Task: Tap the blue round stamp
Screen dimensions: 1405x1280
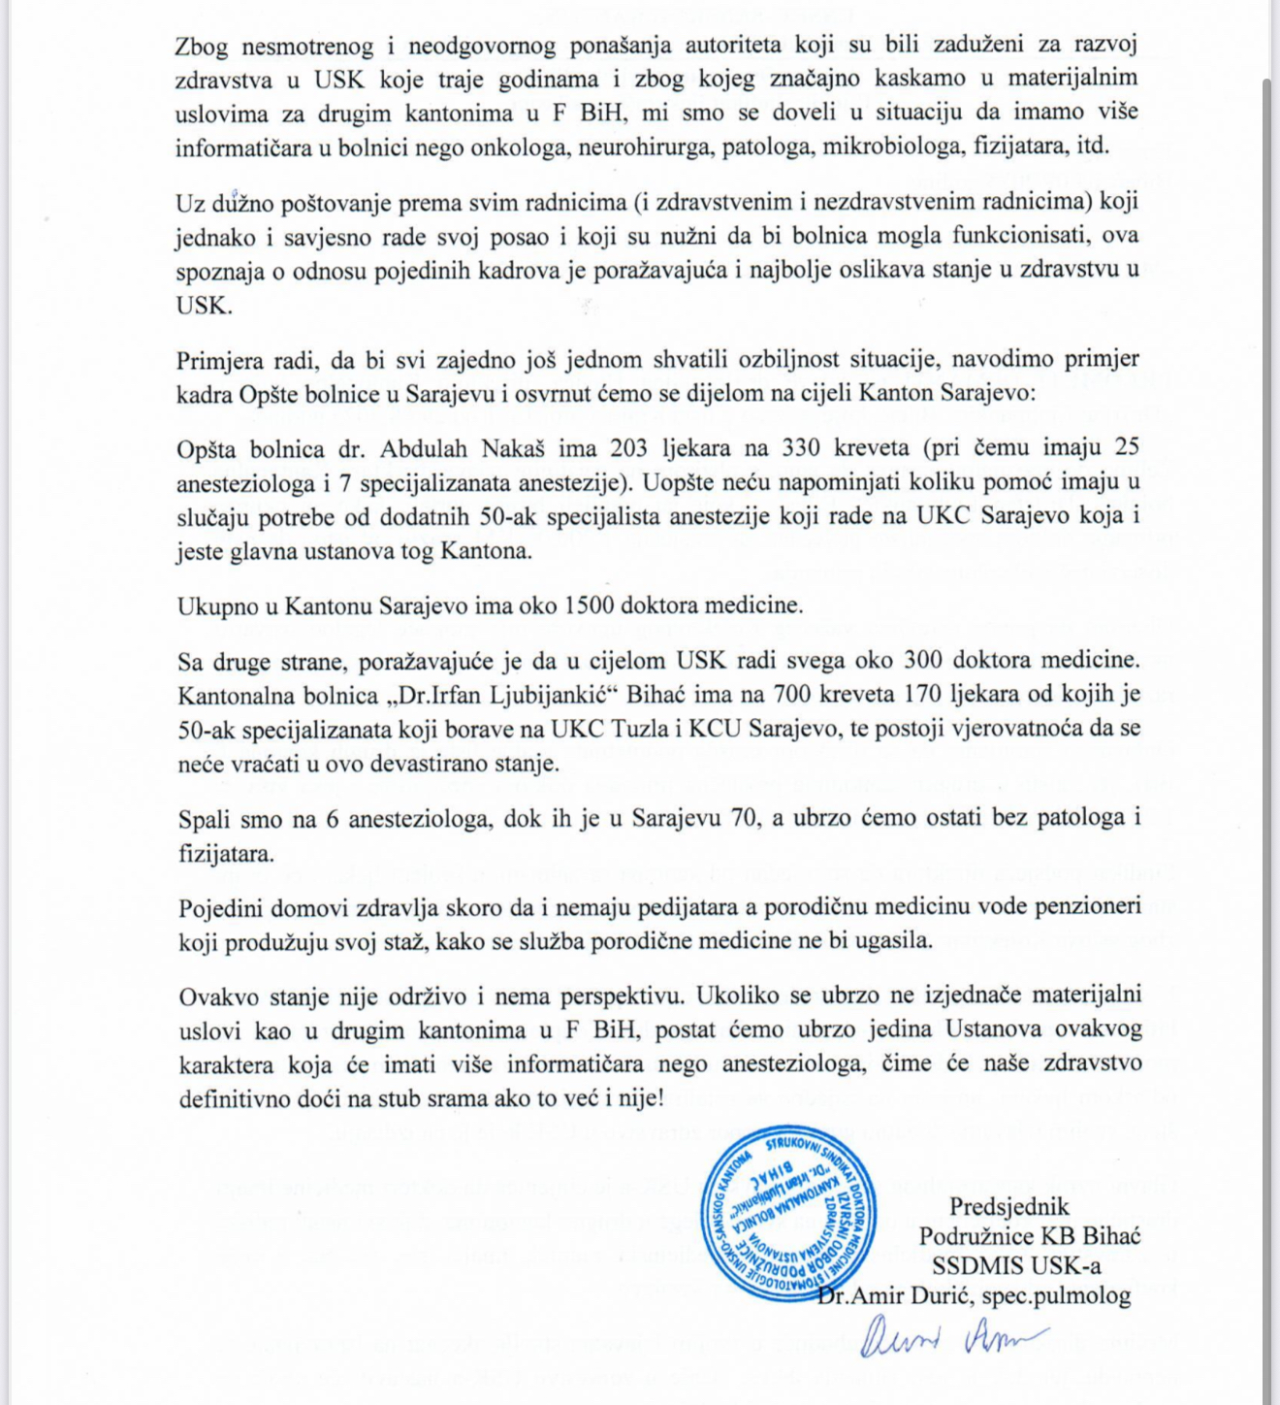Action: click(787, 1214)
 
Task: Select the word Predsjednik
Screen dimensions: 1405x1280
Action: click(1008, 1207)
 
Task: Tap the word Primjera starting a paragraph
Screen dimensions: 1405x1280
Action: click(220, 361)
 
